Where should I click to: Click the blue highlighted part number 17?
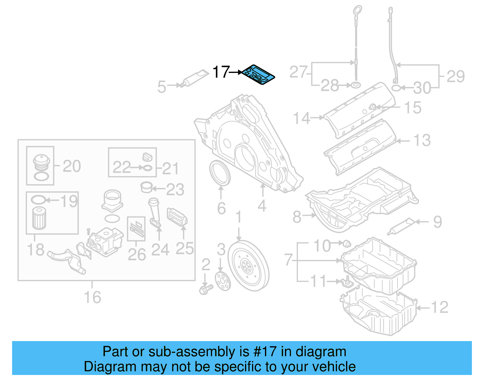pos(259,74)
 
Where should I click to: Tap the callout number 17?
pos(221,72)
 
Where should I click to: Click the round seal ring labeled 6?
pos(220,173)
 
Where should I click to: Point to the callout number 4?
pos(262,206)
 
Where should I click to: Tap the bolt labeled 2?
pos(206,288)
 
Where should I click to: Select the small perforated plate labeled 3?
pos(223,281)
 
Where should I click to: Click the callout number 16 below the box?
pos(92,297)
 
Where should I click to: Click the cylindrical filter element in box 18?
pos(39,218)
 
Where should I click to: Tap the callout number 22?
pos(122,167)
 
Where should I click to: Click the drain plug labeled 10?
pos(347,243)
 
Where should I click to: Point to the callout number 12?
pos(439,307)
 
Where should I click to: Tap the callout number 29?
pos(456,76)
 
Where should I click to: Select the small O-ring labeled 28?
pos(357,85)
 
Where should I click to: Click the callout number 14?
pos(301,118)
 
